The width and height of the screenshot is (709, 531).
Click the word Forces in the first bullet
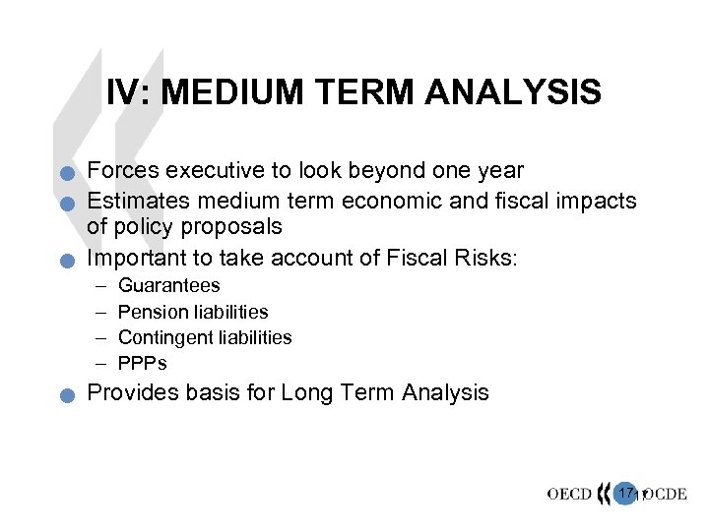tap(123, 171)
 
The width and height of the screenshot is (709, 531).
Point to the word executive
tap(208, 171)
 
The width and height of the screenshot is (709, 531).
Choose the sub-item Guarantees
tap(168, 286)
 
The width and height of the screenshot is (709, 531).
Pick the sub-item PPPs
tap(143, 363)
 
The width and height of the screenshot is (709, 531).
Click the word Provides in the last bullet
tap(128, 393)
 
